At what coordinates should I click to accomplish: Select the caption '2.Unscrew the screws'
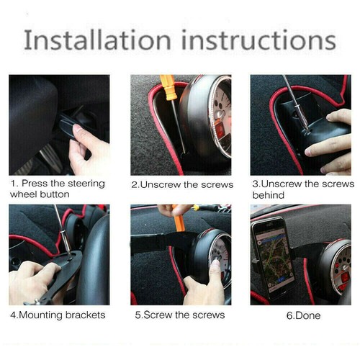(x=182, y=184)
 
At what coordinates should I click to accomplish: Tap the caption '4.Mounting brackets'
(x=58, y=315)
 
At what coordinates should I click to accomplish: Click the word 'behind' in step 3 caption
(x=268, y=194)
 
